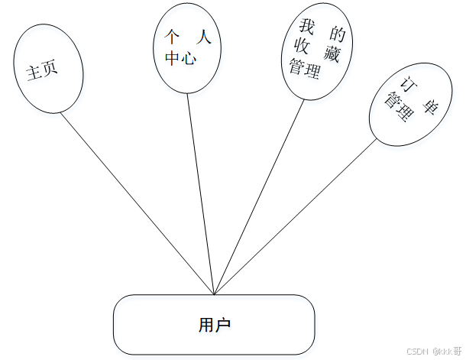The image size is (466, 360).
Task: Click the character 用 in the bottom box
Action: pos(205,325)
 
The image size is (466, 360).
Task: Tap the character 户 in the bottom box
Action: pos(223,325)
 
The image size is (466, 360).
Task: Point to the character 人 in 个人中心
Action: pos(202,37)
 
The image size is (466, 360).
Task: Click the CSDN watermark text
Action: pos(416,351)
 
